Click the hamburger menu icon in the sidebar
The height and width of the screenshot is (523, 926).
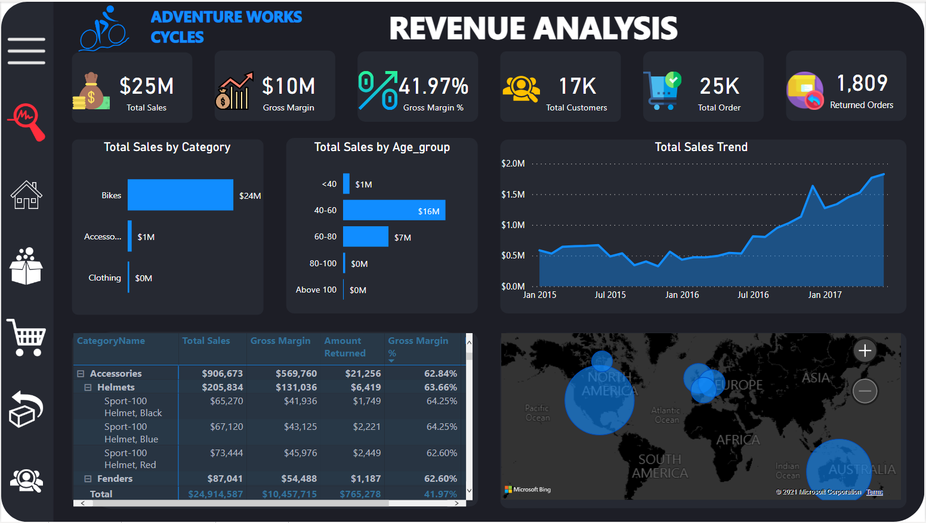tap(26, 51)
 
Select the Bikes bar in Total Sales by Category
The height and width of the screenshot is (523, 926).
tap(180, 195)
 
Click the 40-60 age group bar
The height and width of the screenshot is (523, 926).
tap(394, 210)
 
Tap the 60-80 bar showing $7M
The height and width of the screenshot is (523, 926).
tap(365, 236)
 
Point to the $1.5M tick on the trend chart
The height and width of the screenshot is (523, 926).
tap(513, 195)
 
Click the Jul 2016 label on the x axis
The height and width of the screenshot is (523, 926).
tap(752, 295)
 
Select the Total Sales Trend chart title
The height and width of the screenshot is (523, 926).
tap(700, 147)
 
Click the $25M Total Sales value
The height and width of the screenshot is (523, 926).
tap(146, 86)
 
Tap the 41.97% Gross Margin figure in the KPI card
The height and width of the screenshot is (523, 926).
tap(433, 86)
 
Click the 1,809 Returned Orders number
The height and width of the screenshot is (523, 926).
tap(862, 83)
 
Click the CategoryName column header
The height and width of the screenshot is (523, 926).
tap(111, 341)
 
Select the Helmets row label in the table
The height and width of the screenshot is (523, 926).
tap(116, 387)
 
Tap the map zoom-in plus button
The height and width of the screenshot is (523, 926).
tap(865, 350)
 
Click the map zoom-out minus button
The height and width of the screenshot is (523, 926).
tap(865, 391)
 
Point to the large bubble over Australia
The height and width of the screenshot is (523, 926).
tap(838, 470)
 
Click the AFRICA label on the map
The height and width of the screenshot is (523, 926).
tap(737, 440)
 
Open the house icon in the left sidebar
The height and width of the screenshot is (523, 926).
tap(26, 195)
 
